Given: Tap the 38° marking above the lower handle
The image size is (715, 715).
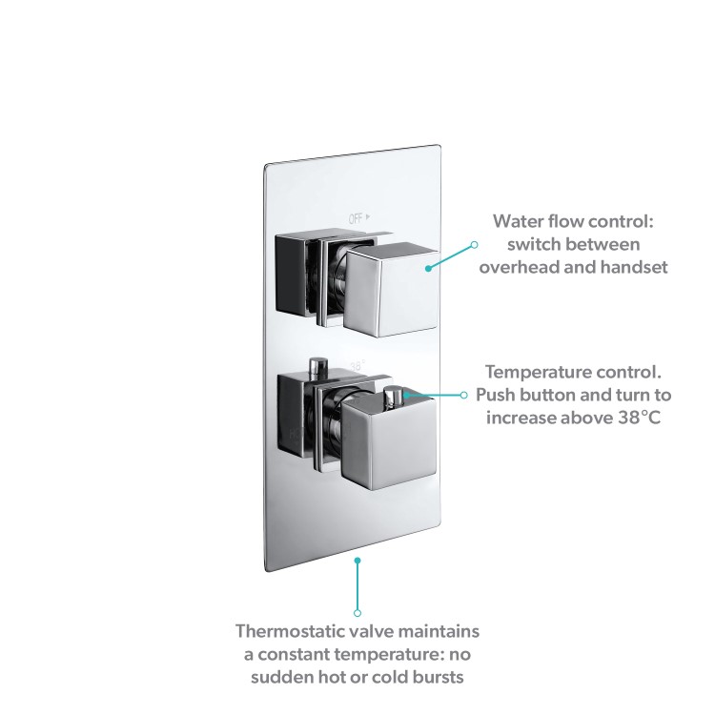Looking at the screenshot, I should (357, 365).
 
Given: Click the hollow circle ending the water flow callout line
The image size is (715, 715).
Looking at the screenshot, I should (475, 245).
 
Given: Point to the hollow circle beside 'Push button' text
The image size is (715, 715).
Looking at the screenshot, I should (464, 394).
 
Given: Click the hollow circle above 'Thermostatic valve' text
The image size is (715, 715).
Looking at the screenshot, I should (357, 611).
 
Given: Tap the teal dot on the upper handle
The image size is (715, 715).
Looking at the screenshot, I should (428, 268).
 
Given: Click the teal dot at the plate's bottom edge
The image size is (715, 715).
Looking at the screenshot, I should (357, 561).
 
